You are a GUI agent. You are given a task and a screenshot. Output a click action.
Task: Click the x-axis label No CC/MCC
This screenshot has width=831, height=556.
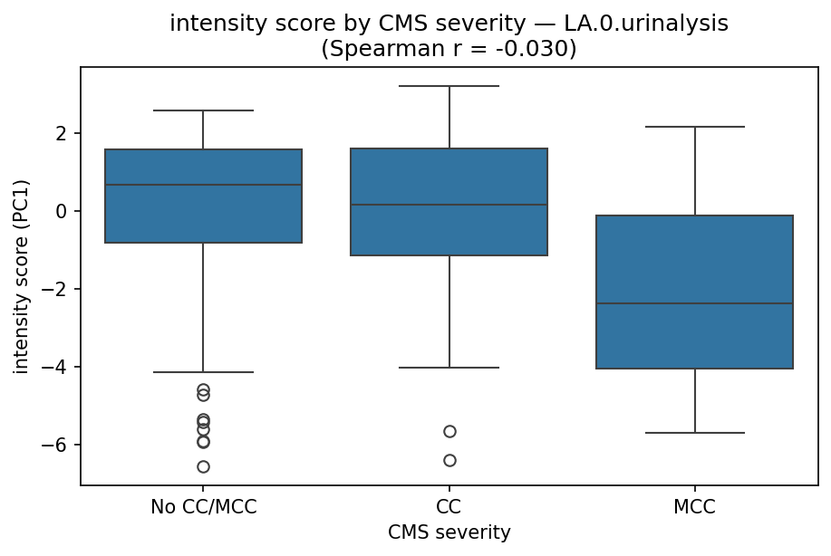coord(203,507)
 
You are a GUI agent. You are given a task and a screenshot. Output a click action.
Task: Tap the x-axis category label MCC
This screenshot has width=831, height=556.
coord(694,507)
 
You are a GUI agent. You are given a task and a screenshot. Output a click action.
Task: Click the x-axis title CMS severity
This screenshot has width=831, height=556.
coord(449,532)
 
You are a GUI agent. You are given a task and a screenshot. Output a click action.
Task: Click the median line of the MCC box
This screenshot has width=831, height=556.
coord(694,303)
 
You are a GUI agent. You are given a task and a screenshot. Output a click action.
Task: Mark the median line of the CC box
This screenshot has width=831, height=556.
coord(449,205)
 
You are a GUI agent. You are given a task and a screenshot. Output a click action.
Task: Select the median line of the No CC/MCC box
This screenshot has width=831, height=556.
coord(203,185)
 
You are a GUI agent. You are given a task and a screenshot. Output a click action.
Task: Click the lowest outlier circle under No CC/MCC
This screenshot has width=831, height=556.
coord(203,466)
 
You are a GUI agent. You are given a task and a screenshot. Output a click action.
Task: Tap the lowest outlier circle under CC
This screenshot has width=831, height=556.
coord(449,460)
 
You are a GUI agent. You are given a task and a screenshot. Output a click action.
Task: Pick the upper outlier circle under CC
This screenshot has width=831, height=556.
coord(449,431)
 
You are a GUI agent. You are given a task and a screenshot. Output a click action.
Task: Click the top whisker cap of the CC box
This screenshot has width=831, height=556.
coord(449,86)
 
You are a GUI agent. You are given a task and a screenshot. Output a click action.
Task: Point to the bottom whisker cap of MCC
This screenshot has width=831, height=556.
coord(694,433)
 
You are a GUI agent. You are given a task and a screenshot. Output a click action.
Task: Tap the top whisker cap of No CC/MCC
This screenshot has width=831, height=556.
coord(203,110)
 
